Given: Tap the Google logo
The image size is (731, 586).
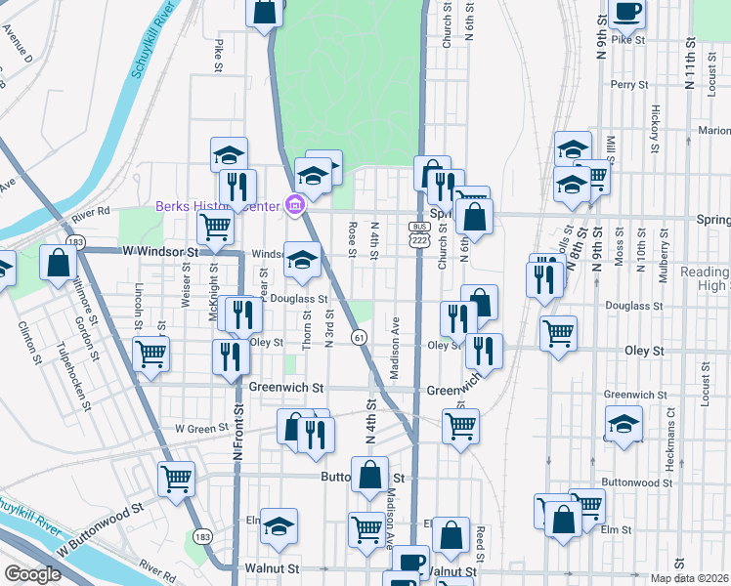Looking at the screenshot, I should [x=32, y=574].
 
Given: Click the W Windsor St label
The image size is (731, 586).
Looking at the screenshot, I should [x=160, y=252].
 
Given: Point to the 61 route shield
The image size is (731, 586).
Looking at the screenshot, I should [x=361, y=337].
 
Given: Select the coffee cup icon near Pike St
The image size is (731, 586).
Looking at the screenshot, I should [x=626, y=12].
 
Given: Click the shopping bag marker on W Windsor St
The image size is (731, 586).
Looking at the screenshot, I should [x=59, y=262].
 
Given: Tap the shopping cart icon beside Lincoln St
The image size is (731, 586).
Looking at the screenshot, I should [x=150, y=354].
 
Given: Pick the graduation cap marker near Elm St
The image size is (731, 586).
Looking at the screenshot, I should [x=279, y=525].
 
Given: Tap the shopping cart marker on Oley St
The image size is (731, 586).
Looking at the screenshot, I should [x=559, y=333].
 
